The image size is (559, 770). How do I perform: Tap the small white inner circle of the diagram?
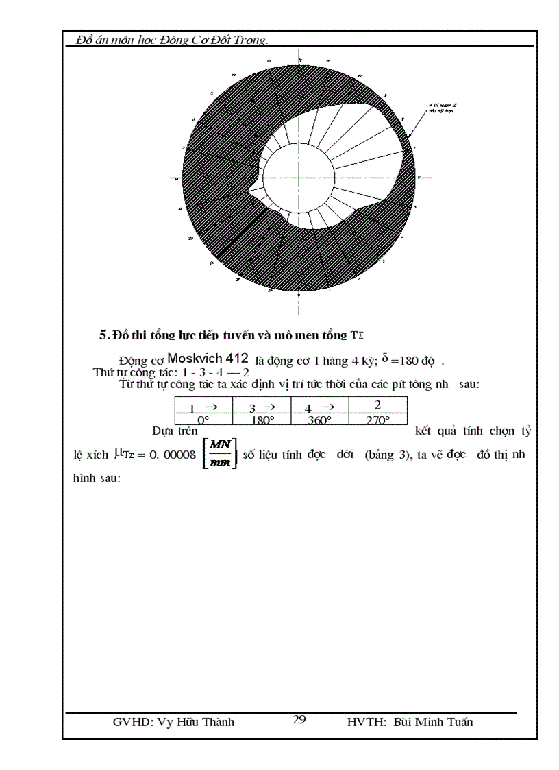pos(299,177)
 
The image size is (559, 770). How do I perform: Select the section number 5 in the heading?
pos(103,335)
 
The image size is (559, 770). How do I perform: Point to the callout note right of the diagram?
pos(441,108)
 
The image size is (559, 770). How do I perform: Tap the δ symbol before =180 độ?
pos(385,357)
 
